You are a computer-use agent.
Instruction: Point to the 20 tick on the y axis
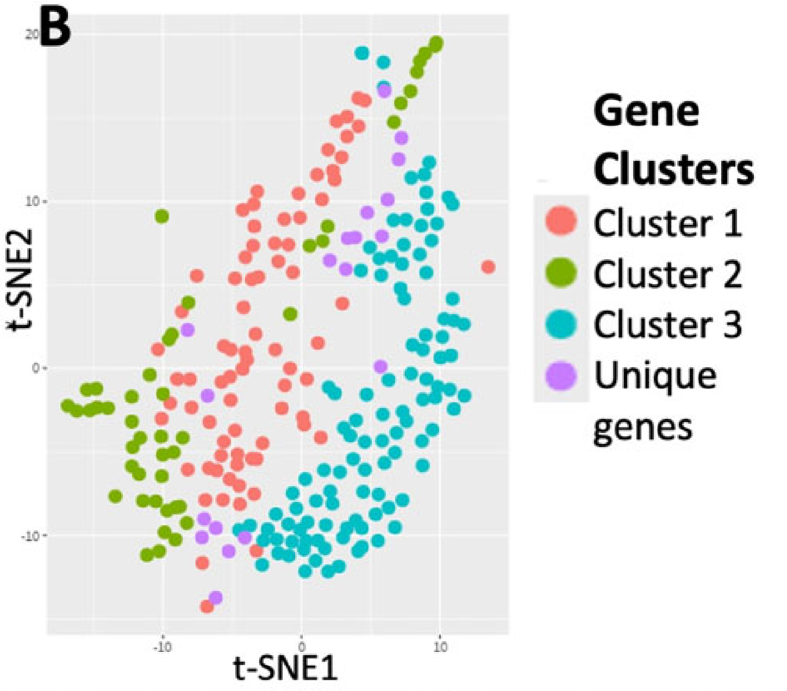tap(32, 34)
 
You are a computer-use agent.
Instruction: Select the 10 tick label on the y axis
tap(32, 202)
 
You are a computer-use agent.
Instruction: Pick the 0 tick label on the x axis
tap(301, 647)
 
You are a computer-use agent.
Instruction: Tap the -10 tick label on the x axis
tap(161, 647)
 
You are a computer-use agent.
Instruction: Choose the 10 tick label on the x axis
tap(440, 647)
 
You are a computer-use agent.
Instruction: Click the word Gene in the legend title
tap(646, 111)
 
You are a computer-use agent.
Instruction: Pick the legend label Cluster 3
tap(667, 324)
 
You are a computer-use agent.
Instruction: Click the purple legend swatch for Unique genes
tap(561, 375)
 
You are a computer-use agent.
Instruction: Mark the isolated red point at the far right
tap(488, 267)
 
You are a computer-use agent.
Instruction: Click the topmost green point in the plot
tap(436, 43)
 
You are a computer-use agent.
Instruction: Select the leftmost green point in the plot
tap(67, 406)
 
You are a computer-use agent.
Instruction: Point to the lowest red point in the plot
tap(207, 606)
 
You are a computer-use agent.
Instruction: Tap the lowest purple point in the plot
tap(216, 598)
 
